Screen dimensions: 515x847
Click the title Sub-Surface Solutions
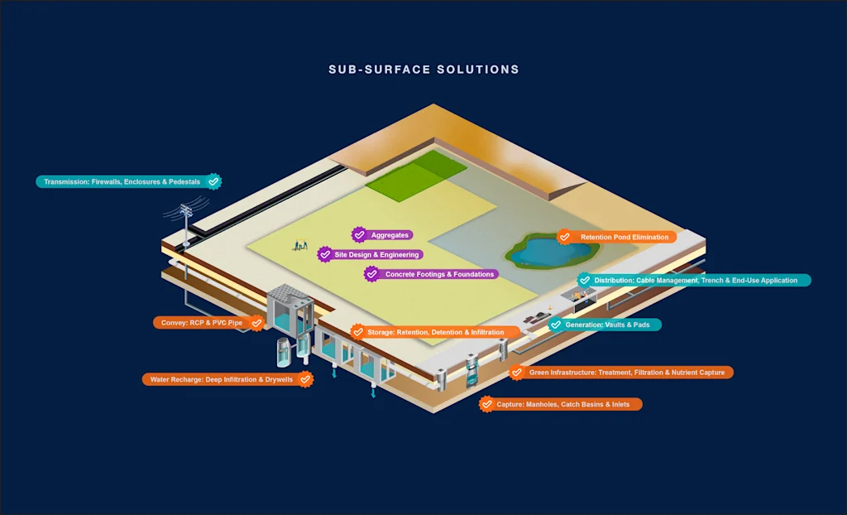pyautogui.click(x=423, y=70)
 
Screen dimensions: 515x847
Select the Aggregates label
pyautogui.click(x=390, y=235)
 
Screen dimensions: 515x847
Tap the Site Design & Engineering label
pyautogui.click(x=377, y=255)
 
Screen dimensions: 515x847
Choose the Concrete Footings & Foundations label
pyautogui.click(x=439, y=274)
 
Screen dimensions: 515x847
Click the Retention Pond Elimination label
pyautogui.click(x=624, y=237)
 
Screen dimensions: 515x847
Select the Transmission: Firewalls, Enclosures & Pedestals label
pyautogui.click(x=122, y=181)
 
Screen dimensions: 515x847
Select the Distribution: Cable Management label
pyautogui.click(x=696, y=281)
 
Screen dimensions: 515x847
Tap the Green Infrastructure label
pyautogui.click(x=626, y=373)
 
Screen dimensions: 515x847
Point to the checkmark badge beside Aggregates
pyautogui.click(x=359, y=235)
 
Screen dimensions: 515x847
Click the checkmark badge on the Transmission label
pyautogui.click(x=213, y=181)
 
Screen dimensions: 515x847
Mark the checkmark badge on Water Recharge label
pyautogui.click(x=305, y=379)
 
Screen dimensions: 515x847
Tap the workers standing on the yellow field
pyautogui.click(x=299, y=245)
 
